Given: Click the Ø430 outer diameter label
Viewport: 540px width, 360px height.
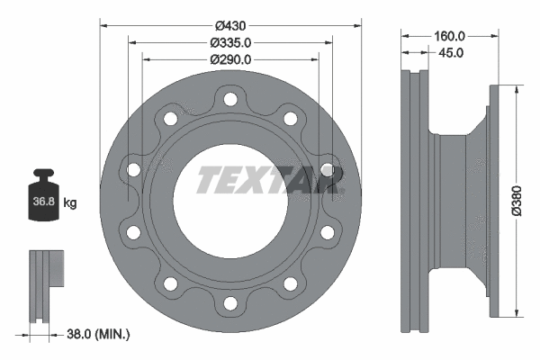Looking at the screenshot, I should tap(229, 24).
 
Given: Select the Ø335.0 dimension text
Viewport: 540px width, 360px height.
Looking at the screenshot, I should tap(229, 41).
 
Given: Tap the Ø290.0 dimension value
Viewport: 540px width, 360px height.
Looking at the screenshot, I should tap(229, 58).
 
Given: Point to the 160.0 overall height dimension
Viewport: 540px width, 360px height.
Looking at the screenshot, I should tap(449, 37).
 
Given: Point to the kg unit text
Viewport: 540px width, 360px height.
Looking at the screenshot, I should tap(70, 202).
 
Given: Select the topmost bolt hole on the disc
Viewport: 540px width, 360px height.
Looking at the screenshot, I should tap(229, 98).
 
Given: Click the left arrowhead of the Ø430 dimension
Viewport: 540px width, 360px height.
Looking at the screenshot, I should tap(102, 24).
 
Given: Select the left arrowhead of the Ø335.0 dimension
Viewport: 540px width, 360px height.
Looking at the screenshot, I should tap(132, 41).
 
